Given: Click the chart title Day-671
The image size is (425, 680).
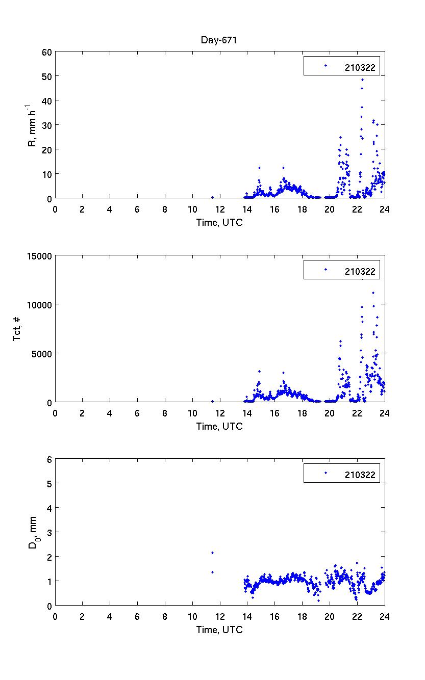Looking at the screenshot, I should pos(220,40).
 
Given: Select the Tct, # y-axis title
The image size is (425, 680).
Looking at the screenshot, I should pos(17,329).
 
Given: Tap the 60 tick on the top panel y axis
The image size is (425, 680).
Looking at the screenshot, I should pos(46,51).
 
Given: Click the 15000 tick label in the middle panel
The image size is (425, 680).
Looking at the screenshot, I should pos(39,256).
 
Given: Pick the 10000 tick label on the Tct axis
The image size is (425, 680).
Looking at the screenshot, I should pos(39,305).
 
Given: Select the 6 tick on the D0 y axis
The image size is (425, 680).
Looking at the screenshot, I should pos(49,459).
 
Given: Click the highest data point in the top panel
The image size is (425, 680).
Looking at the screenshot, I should pos(362,80).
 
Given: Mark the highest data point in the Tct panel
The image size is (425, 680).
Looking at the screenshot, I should pos(373,293).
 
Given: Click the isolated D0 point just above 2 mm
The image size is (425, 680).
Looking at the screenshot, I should pos(212,553).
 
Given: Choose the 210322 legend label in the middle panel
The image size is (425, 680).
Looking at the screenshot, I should pos(360,272).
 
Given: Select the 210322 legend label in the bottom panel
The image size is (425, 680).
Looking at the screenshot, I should pos(360,475).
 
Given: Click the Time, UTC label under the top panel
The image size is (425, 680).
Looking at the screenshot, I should pos(219,222).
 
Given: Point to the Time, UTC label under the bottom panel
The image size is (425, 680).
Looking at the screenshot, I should pos(219,630).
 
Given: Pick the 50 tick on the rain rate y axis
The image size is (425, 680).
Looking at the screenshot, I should pos(46,76).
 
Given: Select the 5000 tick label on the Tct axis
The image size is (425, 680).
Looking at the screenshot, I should pos(41,353).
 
